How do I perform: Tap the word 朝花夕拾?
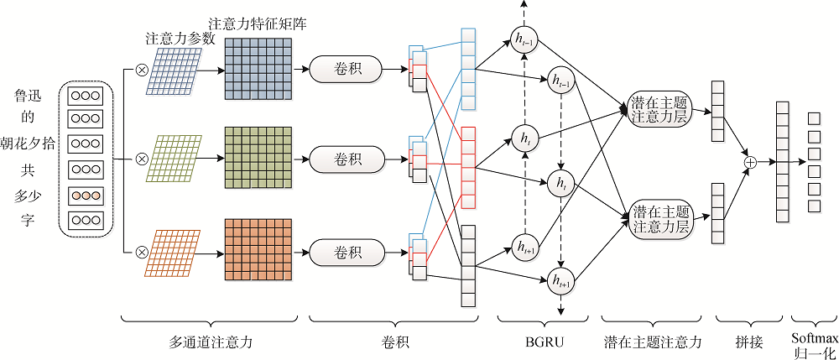29,143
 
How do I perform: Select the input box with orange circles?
85,196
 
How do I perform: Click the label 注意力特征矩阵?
257,24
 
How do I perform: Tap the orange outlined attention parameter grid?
175,250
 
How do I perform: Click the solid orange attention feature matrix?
258,249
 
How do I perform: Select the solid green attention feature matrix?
258,157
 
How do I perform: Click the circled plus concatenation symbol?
751,162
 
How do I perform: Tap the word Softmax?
813,336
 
